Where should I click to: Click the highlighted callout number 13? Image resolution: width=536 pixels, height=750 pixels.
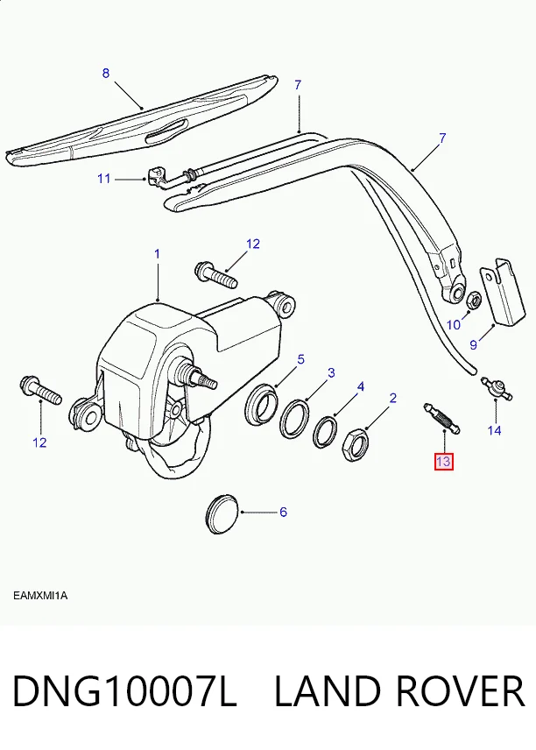pyautogui.click(x=443, y=462)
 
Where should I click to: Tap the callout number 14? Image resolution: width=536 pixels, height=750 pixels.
pyautogui.click(x=494, y=430)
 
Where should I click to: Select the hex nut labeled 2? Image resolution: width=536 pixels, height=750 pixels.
pyautogui.click(x=355, y=444)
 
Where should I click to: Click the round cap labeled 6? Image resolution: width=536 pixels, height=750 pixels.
pyautogui.click(x=222, y=514)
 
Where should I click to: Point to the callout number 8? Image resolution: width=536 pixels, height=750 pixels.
pyautogui.click(x=106, y=74)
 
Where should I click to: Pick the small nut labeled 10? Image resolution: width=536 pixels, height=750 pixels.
pyautogui.click(x=473, y=300)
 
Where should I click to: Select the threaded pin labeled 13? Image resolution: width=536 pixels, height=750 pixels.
pyautogui.click(x=441, y=419)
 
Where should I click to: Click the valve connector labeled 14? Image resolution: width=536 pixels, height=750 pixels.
pyautogui.click(x=497, y=388)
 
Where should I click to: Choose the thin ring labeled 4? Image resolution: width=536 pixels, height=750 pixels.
pyautogui.click(x=325, y=432)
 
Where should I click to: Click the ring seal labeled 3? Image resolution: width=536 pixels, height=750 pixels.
pyautogui.click(x=294, y=418)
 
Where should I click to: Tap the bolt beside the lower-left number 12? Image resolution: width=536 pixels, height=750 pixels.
pyautogui.click(x=40, y=390)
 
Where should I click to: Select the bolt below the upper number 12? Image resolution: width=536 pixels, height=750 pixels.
pyautogui.click(x=216, y=274)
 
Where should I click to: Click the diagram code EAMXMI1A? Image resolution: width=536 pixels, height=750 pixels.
pyautogui.click(x=40, y=596)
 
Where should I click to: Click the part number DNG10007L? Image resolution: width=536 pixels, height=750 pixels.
pyautogui.click(x=124, y=690)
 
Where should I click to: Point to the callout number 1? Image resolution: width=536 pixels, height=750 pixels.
pyautogui.click(x=157, y=254)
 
